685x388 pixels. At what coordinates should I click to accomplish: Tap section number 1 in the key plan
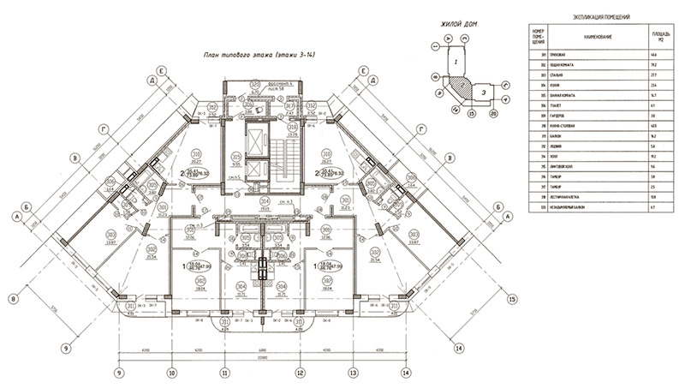tap(457, 63)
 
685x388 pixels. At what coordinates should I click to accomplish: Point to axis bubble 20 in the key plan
tap(493, 112)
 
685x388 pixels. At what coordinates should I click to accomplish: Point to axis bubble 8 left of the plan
tap(14, 298)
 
